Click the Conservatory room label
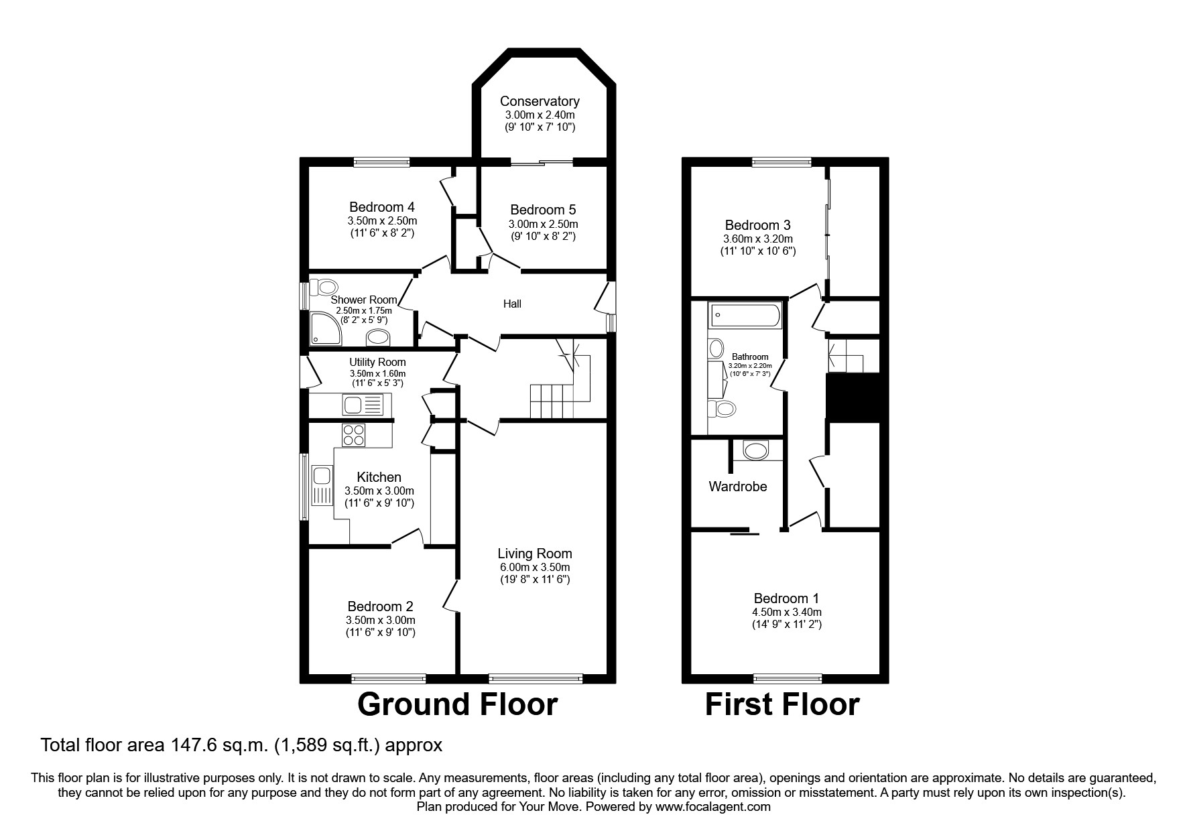coord(540,101)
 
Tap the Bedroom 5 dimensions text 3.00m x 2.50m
coord(543,224)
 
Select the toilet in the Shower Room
coord(328,287)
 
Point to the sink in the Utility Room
coord(363,405)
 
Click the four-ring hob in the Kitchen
coord(353,436)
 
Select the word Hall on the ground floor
coord(512,304)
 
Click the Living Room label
coord(535,554)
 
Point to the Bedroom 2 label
coord(380,607)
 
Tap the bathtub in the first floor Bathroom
coord(745,314)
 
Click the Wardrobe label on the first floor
coord(737,487)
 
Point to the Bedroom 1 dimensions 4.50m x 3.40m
coord(786,612)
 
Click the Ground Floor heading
coord(457,704)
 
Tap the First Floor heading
coord(782,704)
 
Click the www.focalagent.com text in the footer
coord(712,807)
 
